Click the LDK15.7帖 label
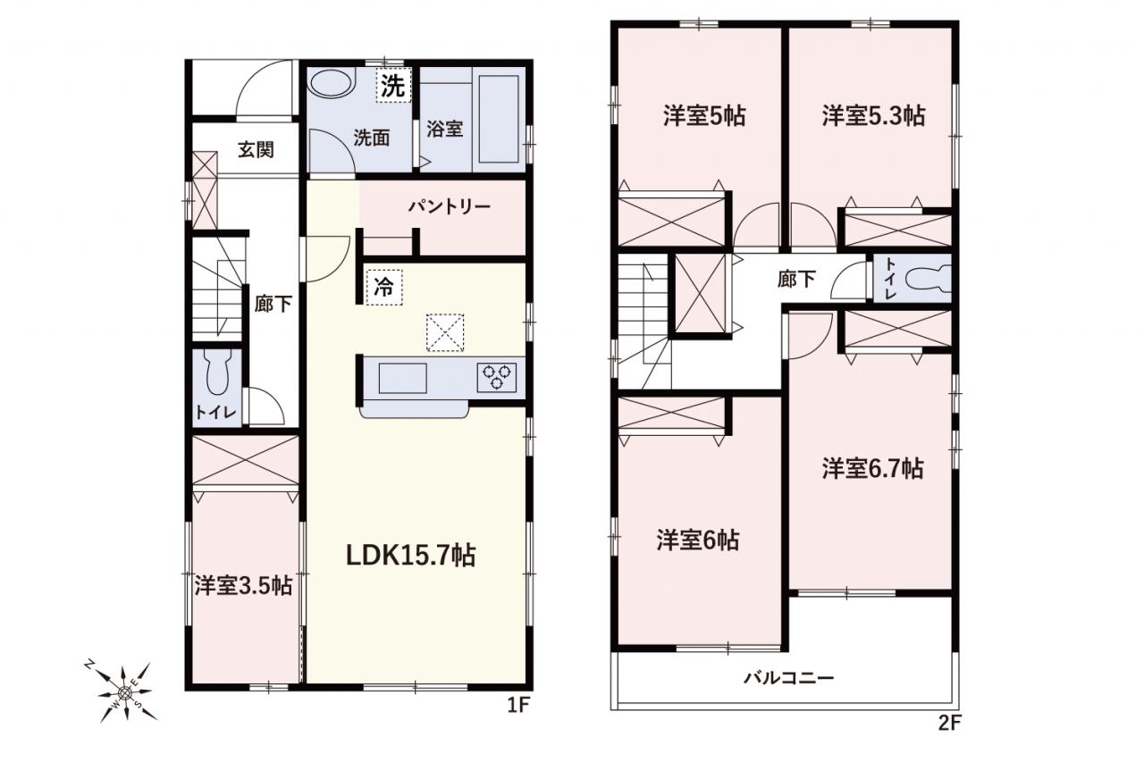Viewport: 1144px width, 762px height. [x=410, y=556]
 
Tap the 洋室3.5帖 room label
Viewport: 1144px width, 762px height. [x=243, y=585]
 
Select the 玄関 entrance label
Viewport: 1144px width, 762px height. [x=256, y=149]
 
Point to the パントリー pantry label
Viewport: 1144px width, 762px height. [x=450, y=206]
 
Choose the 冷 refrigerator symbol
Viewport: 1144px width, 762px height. [x=384, y=288]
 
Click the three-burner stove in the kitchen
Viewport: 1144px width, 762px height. [x=497, y=377]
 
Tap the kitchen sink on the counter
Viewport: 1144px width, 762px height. [x=402, y=378]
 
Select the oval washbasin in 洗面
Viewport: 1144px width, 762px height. [x=332, y=83]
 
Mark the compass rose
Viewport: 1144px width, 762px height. [x=124, y=692]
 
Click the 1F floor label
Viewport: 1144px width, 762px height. [x=519, y=705]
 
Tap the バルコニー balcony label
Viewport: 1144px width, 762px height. [x=788, y=678]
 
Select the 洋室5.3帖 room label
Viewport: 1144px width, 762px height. [x=873, y=116]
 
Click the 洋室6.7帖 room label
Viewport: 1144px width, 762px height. [x=873, y=468]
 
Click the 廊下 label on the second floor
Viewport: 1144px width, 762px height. [x=796, y=279]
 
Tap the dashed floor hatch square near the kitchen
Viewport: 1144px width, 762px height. [x=445, y=333]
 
